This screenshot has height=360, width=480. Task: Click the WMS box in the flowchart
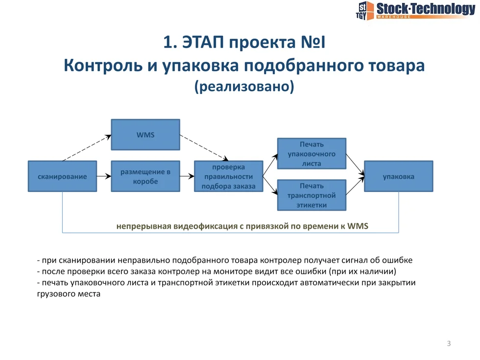[x=145, y=134]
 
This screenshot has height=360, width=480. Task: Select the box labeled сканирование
[x=62, y=176]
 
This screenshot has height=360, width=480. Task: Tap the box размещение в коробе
[x=145, y=176]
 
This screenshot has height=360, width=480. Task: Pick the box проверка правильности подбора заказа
[x=228, y=176]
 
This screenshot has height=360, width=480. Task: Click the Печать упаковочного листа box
[x=312, y=154]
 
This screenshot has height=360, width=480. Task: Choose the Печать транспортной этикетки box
[x=312, y=195]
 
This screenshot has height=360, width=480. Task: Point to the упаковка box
[x=398, y=176]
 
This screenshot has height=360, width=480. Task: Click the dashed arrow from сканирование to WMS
[x=87, y=148]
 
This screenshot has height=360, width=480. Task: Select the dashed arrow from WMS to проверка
[x=204, y=147]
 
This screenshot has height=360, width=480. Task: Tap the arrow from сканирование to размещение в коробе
[x=103, y=176]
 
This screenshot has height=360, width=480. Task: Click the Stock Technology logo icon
[x=364, y=10]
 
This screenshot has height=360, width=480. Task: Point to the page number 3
[x=449, y=343]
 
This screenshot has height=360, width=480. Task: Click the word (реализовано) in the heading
[x=244, y=87]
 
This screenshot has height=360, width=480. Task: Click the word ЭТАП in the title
[x=201, y=43]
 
